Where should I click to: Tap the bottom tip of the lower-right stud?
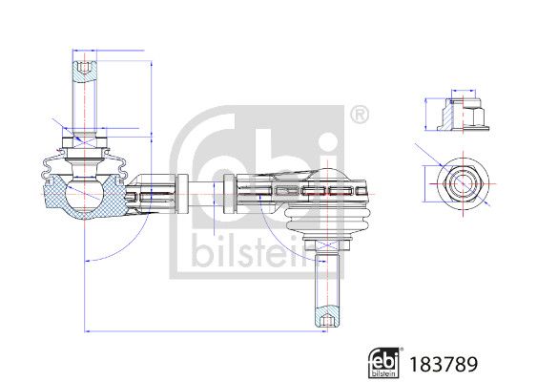[324, 324]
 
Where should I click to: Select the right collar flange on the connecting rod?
[229, 190]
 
